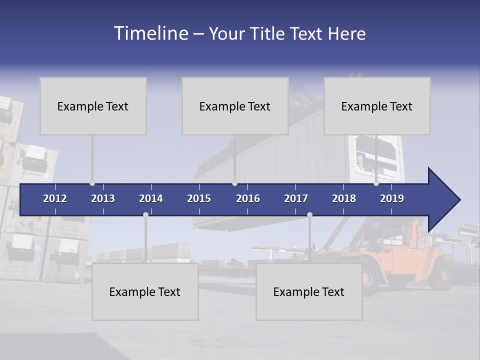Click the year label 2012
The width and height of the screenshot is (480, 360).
[55, 198]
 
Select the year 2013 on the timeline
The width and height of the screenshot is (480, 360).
[103, 198]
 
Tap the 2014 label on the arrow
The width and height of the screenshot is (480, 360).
[151, 198]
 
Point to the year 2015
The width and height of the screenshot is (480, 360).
[199, 198]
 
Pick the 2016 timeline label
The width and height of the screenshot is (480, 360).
[248, 198]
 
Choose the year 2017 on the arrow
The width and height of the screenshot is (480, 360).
[296, 198]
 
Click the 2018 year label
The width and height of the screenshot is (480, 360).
[344, 198]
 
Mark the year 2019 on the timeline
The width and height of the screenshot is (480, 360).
[392, 198]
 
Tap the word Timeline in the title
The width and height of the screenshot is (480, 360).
[150, 33]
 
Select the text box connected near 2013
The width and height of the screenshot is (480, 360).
[93, 106]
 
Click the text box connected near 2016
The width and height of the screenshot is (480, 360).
[235, 106]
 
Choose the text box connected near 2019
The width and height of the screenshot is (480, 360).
[377, 106]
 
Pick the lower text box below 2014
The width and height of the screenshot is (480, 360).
[145, 291]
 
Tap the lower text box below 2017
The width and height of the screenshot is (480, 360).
[309, 291]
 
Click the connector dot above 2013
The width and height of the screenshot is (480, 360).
[92, 183]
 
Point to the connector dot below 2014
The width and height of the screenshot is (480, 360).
[145, 215]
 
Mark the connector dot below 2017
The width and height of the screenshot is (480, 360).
[309, 215]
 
